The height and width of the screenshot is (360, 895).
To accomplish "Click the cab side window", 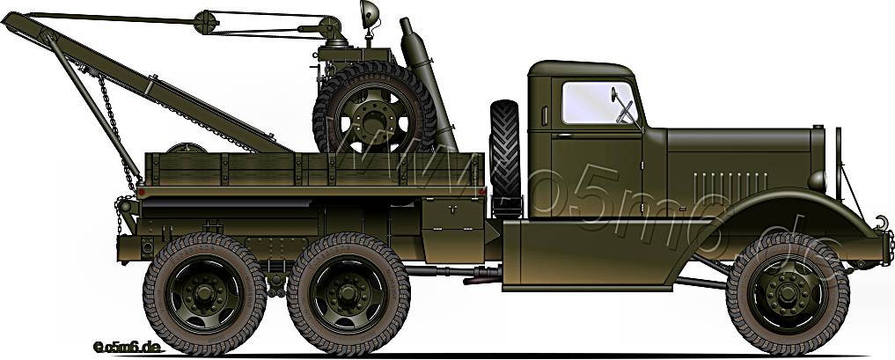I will (x=598, y=102).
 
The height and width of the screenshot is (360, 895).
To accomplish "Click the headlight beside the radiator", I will (x=818, y=181).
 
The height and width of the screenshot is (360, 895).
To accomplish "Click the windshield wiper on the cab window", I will (x=627, y=109).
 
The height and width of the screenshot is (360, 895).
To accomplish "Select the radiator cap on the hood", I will (x=817, y=129).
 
